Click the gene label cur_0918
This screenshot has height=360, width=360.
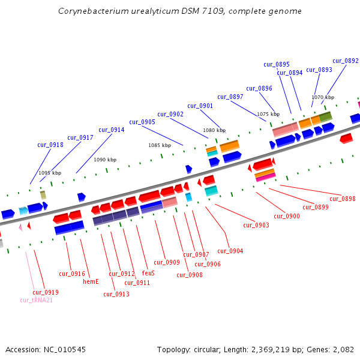[x=50, y=145]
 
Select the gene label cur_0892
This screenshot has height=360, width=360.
[x=346, y=61]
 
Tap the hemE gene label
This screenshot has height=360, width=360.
[x=91, y=281]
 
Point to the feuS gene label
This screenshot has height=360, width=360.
[x=148, y=273]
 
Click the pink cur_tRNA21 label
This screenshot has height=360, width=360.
[x=37, y=300]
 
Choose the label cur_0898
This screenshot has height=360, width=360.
[x=343, y=199]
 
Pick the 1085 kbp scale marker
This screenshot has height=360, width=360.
[x=158, y=145]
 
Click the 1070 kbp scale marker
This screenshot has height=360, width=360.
[x=322, y=97]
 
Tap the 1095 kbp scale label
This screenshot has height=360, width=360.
[x=49, y=173]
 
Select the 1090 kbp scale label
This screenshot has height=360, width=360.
[x=105, y=160]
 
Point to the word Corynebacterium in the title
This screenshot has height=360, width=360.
[x=96, y=11]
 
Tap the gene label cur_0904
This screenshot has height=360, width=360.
[x=230, y=251]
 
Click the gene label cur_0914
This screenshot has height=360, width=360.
[x=112, y=130]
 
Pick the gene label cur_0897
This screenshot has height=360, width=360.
[x=230, y=97]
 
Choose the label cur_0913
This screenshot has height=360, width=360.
[x=116, y=294]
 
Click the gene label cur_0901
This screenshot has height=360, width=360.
[x=200, y=106]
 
